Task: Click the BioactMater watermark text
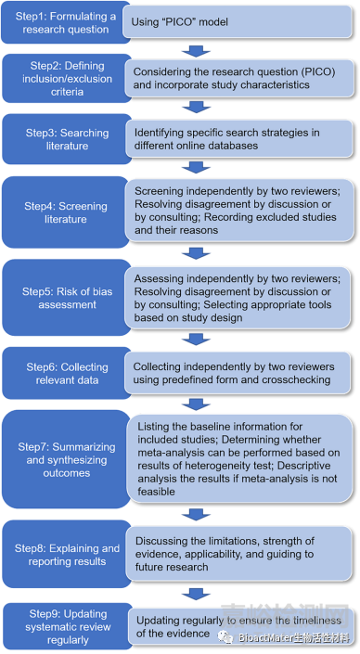pos(293,637)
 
